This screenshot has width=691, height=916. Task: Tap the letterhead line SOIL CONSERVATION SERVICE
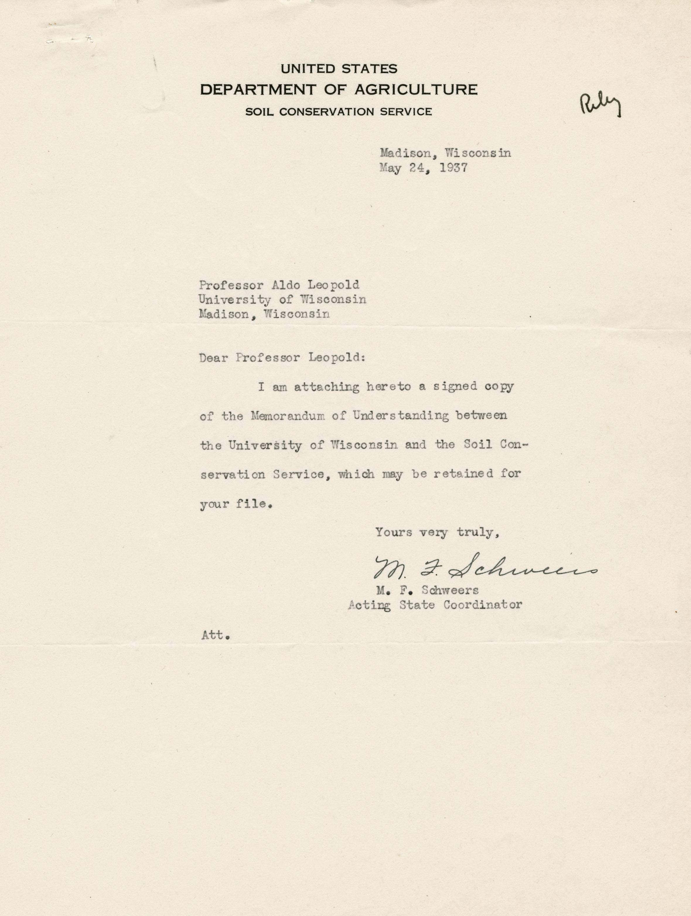338,112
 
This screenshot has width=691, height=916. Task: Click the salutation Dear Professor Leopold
282,358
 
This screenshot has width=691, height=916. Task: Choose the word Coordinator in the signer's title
483,605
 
